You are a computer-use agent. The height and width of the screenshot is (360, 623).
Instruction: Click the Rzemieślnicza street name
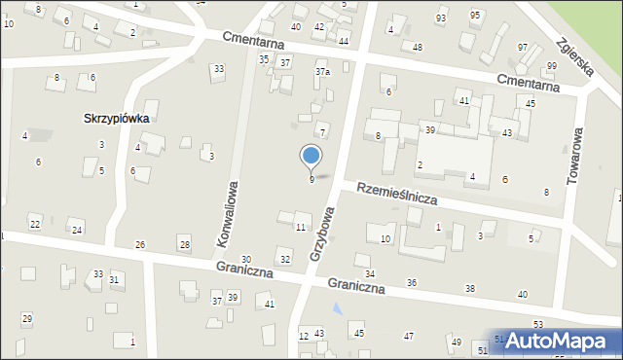pos(396,192)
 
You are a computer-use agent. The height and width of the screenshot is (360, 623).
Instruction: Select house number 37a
pos(322,72)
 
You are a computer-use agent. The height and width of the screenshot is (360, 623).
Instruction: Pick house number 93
pos(441,18)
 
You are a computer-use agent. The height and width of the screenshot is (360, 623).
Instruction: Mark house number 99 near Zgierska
pos(552,65)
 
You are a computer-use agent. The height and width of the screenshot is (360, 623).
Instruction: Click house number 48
pos(418,47)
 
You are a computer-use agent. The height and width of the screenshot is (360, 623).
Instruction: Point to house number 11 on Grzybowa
pos(301,227)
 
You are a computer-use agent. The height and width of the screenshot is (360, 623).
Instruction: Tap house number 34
pos(370,273)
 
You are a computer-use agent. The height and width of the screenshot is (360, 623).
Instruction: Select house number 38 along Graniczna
pos(470,289)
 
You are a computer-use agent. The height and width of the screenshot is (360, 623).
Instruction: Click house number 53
pos(537,323)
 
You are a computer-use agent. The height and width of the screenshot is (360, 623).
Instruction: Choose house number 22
pos(35,225)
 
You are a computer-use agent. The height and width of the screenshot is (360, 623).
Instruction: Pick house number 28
pos(184,242)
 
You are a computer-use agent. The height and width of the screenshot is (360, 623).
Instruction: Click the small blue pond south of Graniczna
pos(337,309)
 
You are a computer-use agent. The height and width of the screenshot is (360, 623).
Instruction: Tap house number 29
pos(27,319)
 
